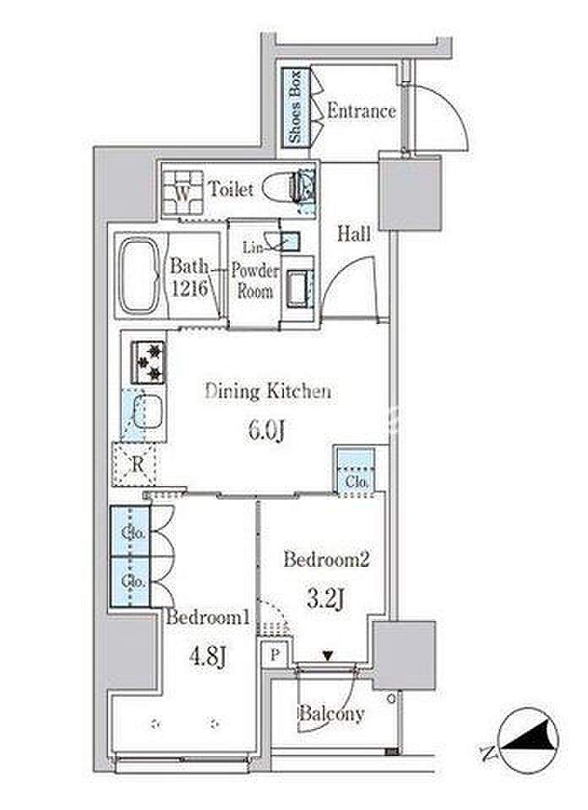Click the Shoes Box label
coord(296,107)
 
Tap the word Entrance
coord(362,111)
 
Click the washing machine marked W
coord(182,192)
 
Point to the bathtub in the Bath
coord(138,275)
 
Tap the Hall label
coord(354,234)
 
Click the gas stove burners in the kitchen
coord(148,362)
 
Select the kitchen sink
coord(149,411)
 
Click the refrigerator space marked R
coord(137,465)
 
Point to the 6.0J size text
coord(267,430)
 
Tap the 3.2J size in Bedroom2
coord(326,598)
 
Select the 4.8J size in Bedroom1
coord(207,657)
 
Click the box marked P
coord(275,655)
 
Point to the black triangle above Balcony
coord(327,656)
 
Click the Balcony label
coord(331,714)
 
